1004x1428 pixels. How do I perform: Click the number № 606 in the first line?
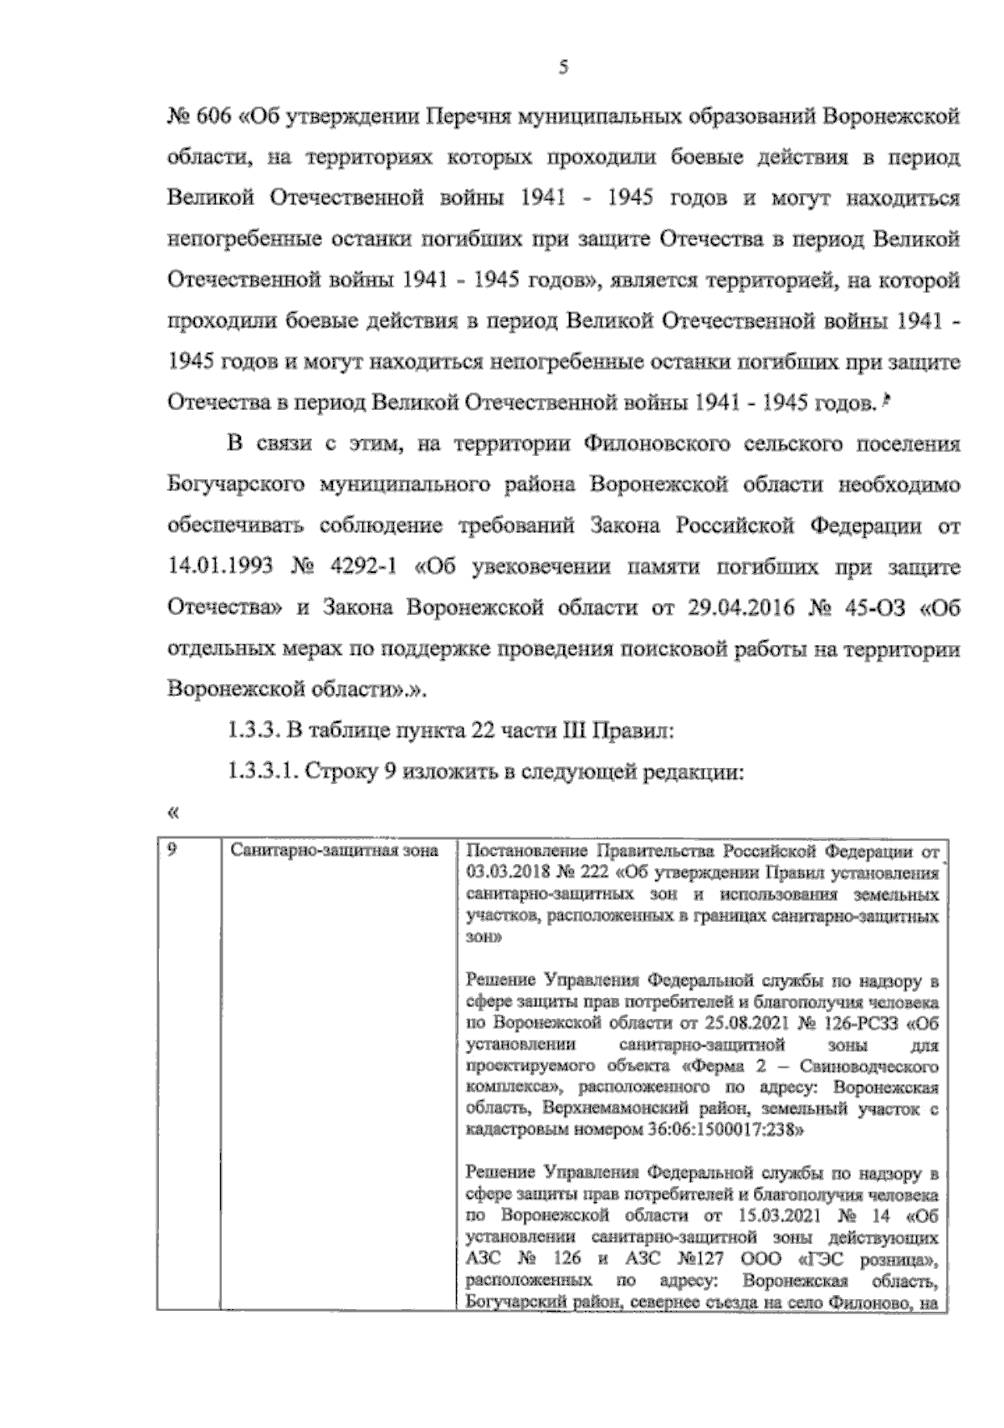coord(197,117)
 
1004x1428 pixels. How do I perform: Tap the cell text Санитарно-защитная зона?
coord(334,852)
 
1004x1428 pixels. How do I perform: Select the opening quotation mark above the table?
coord(173,811)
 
